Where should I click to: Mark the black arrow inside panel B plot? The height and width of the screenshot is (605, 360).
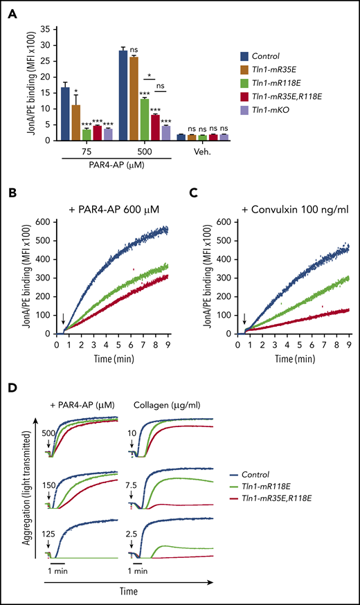pyautogui.click(x=63, y=318)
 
